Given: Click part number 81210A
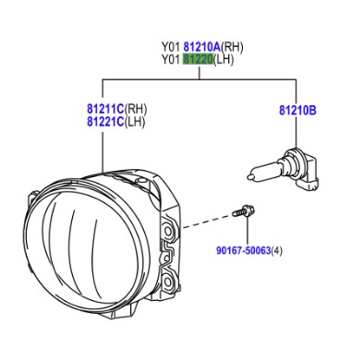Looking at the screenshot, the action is [x=202, y=47].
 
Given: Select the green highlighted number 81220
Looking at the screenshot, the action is [x=198, y=59].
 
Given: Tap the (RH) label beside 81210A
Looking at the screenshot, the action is [x=232, y=47].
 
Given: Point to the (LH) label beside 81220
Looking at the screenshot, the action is [x=224, y=59].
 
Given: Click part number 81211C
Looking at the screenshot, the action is [x=105, y=109].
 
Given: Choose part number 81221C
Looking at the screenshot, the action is [x=105, y=122].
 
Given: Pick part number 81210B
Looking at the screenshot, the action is [x=297, y=110].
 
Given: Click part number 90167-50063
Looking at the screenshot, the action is [x=244, y=250].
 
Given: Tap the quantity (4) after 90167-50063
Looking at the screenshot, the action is [x=276, y=250].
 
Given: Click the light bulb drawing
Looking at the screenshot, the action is [x=283, y=169].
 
